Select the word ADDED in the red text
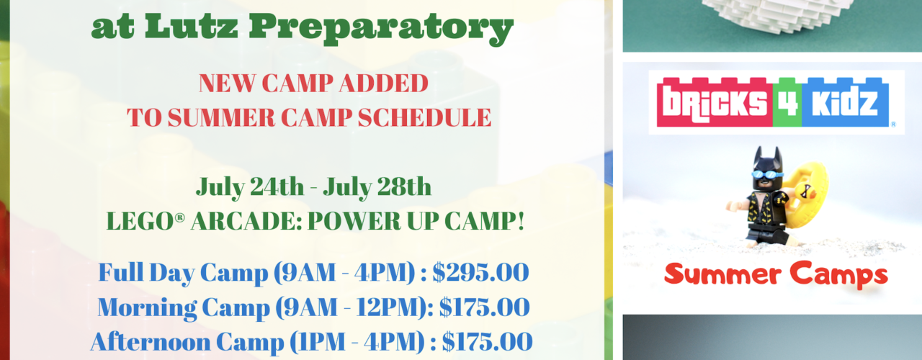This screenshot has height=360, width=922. [384, 84]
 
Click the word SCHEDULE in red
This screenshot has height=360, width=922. [424, 117]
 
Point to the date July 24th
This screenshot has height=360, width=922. [250, 188]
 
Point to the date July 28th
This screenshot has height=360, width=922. [377, 188]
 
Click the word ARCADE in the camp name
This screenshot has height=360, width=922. [246, 221]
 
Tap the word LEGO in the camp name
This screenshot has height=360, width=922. [146, 221]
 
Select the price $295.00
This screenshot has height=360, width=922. [480, 272]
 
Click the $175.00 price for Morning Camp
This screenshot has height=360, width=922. [485, 307]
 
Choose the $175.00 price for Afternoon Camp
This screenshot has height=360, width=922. [488, 342]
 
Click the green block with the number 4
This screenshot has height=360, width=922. [787, 102]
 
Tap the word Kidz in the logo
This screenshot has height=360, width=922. [845, 102]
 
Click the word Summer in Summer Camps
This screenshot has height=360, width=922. [722, 274]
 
